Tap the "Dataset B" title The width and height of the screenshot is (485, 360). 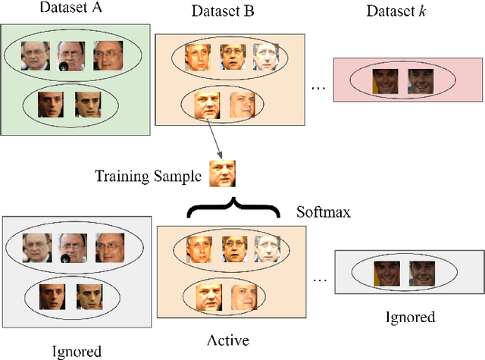click(x=222, y=12)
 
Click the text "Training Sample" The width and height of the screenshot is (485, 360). click(x=149, y=177)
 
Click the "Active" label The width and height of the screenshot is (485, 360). click(x=230, y=340)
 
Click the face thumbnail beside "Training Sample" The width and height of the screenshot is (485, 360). click(x=224, y=174)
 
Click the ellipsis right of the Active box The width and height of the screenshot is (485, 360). click(x=321, y=281)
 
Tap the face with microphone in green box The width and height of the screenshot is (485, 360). click(x=71, y=56)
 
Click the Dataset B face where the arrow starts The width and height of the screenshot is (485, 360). click(x=207, y=105)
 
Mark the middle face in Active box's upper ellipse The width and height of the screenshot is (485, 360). click(x=233, y=249)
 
